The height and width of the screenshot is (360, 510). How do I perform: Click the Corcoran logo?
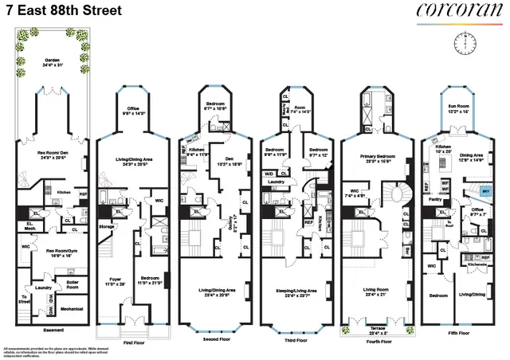pos(459,11)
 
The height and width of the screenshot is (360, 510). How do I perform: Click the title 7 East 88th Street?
pos(53,10)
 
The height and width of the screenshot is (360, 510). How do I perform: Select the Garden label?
pos(53,60)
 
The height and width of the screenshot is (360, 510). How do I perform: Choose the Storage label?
pos(108,226)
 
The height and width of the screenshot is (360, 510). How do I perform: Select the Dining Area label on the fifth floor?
pos(478,157)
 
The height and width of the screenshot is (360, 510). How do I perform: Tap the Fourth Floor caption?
pos(375,341)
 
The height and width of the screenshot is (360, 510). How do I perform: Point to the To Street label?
pos(24,299)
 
